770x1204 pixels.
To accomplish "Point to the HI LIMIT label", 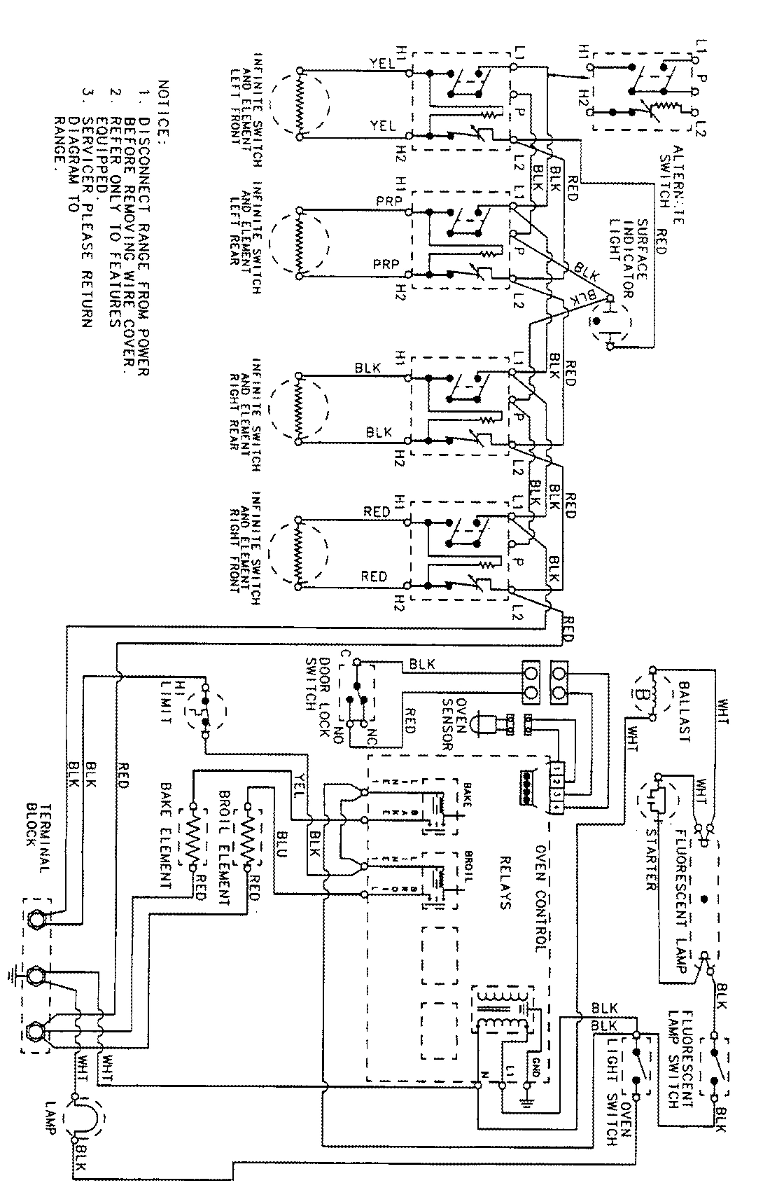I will click(163, 700).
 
